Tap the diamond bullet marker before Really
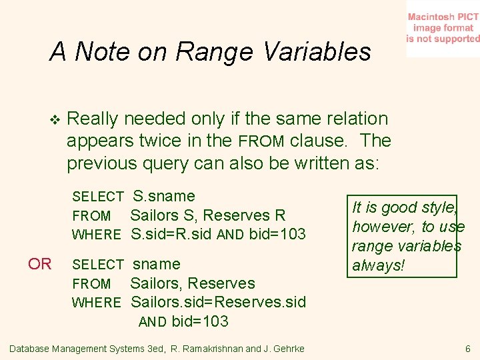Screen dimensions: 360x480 click(55, 120)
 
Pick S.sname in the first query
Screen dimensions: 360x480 click(164, 196)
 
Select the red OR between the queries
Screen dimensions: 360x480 click(39, 264)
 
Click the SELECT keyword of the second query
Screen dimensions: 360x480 click(97, 265)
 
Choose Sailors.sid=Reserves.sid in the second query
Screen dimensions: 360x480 click(219, 302)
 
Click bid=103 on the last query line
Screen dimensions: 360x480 click(200, 321)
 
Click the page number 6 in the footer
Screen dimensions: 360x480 click(468, 349)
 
